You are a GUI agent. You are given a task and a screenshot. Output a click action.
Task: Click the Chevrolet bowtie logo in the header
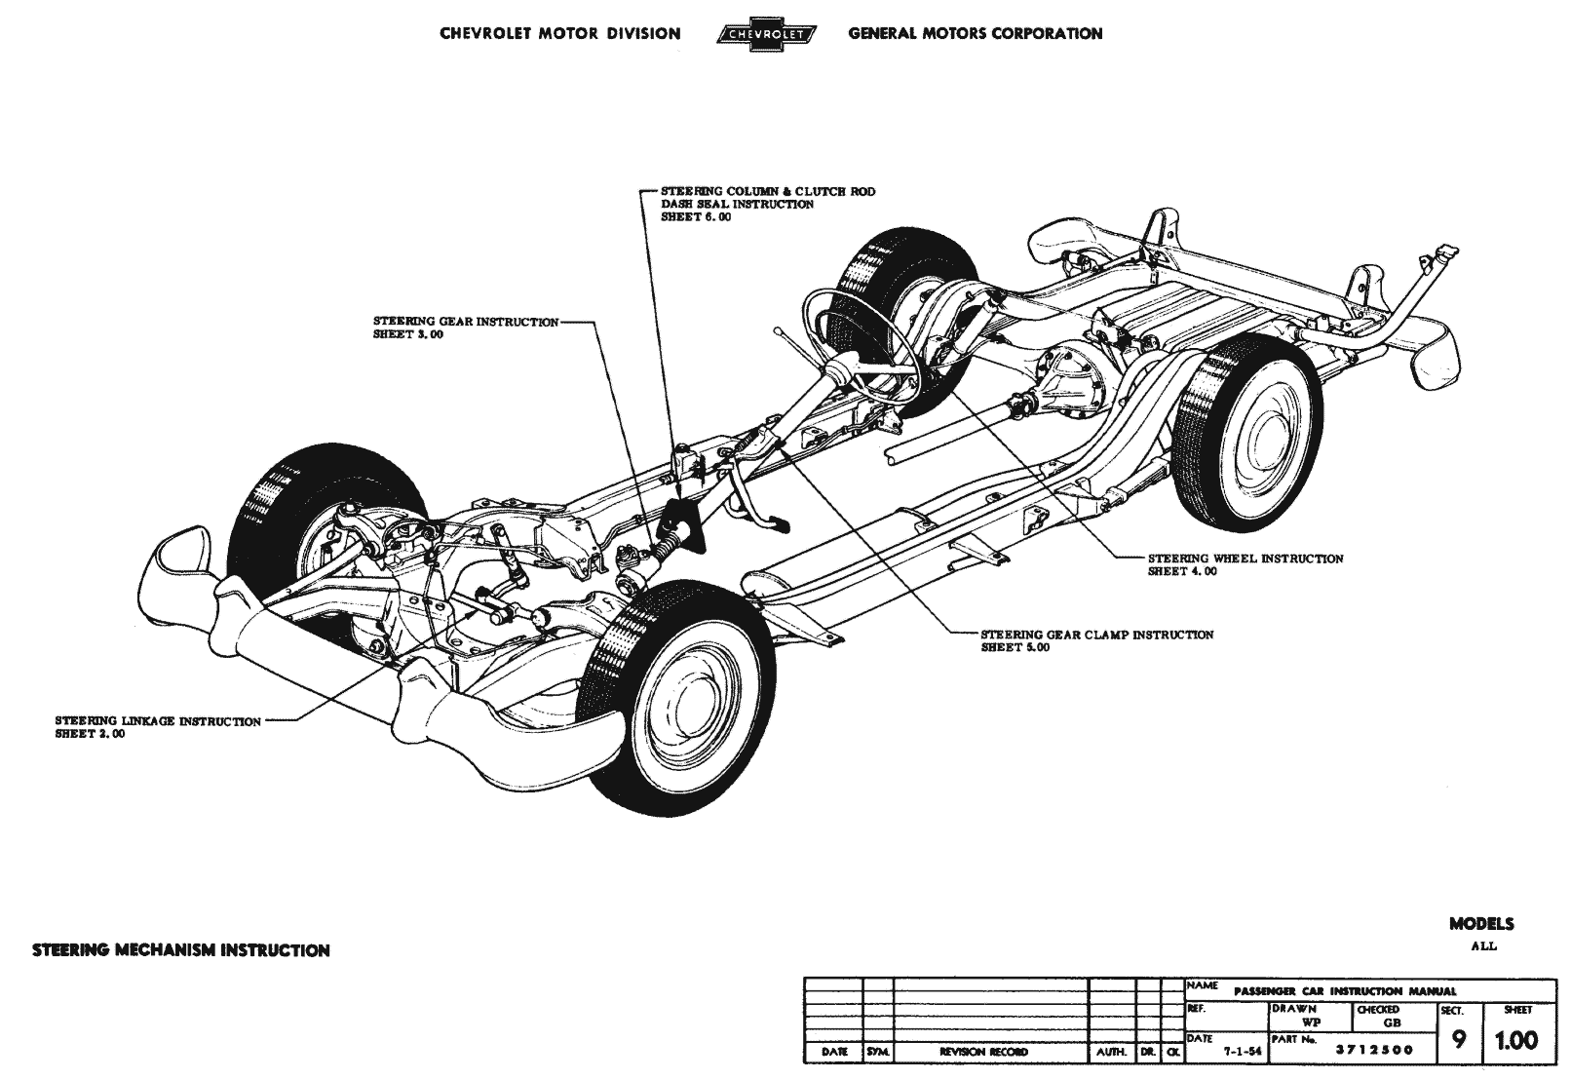click(x=766, y=34)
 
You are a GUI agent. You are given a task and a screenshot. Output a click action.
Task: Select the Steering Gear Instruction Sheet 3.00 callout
click(x=466, y=328)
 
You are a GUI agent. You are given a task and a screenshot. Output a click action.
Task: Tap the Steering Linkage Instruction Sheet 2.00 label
click(x=158, y=727)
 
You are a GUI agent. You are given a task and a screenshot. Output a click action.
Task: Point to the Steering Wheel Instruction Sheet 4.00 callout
click(x=1245, y=564)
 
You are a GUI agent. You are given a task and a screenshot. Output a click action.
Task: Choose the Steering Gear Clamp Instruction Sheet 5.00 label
click(x=1096, y=640)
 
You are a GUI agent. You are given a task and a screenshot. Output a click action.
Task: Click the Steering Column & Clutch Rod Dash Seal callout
click(x=767, y=204)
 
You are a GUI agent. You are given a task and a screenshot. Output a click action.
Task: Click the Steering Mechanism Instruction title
click(x=180, y=949)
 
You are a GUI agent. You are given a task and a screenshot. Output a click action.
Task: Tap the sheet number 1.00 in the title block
click(x=1515, y=1041)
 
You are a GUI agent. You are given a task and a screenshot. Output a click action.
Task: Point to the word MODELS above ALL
click(x=1480, y=924)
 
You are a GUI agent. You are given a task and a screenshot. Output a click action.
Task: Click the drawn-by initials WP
click(x=1311, y=1022)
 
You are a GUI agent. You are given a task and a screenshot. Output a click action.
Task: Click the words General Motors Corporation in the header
click(x=975, y=33)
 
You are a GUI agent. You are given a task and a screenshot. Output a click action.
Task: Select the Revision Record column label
click(x=984, y=1052)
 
